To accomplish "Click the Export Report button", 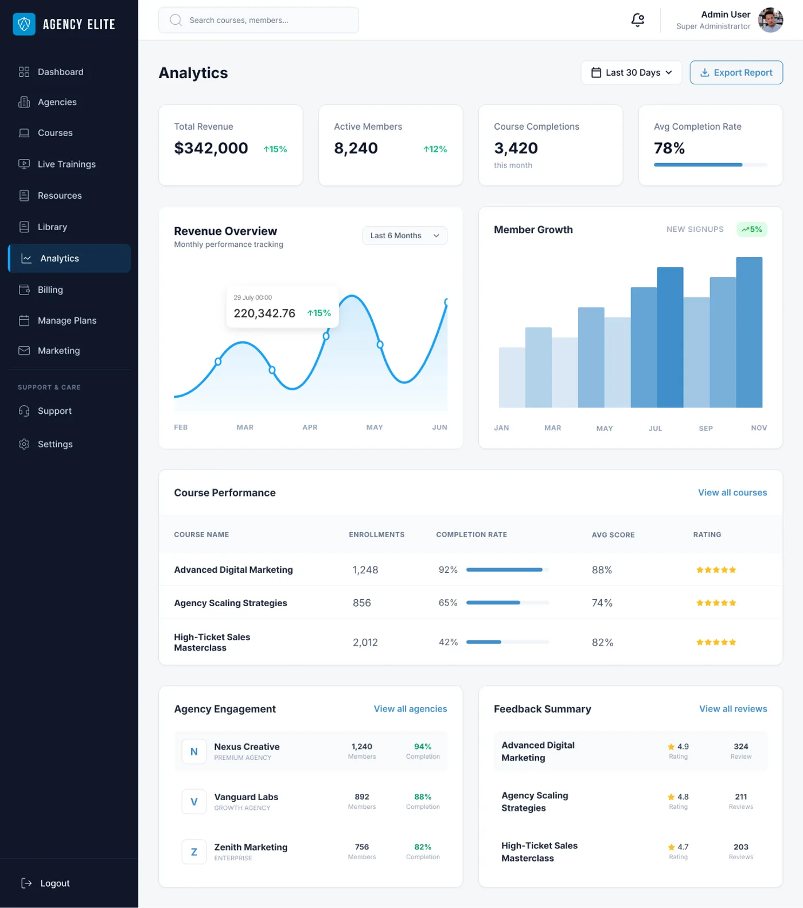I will [736, 72].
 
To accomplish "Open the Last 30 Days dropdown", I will [631, 72].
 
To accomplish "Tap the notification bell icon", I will [637, 20].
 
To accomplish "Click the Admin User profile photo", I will [770, 20].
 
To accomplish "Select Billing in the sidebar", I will [50, 290].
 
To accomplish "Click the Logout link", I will [54, 883].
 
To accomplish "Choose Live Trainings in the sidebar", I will [66, 164].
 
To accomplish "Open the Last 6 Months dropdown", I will [404, 235].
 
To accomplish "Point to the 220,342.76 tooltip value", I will [264, 313].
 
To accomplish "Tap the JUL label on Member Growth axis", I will [655, 428].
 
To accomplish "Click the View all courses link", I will [732, 492].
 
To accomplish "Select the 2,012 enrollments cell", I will [365, 642].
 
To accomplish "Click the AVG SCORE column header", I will [613, 534].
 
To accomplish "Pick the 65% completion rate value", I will [448, 603].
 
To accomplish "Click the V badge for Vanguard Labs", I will [194, 802].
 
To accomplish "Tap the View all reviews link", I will [732, 709].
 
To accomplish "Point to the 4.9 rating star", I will [671, 747].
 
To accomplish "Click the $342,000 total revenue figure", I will [211, 148].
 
